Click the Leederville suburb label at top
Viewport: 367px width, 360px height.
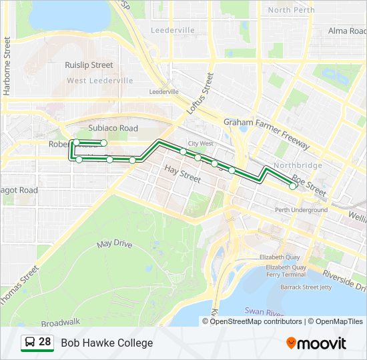click(173, 31)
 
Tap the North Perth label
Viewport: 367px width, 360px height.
click(292, 10)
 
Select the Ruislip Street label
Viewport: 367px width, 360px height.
click(89, 65)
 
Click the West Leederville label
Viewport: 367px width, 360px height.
click(99, 81)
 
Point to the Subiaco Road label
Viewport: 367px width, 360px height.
click(113, 128)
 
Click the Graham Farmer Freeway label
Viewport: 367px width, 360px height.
click(266, 133)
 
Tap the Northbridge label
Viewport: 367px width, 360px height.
click(298, 165)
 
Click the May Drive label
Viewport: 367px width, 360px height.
click(115, 243)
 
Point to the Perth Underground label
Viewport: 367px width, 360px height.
click(301, 210)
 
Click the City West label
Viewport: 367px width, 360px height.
click(200, 143)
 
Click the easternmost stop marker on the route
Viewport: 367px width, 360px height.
click(293, 186)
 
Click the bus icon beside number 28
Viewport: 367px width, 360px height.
click(30, 343)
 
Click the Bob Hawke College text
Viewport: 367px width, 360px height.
click(107, 343)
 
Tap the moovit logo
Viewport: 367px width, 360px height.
click(316, 343)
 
